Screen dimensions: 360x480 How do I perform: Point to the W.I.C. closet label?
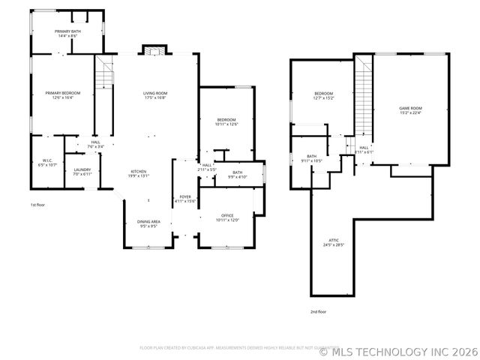[x=46, y=162]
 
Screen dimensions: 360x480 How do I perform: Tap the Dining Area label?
[x=148, y=223]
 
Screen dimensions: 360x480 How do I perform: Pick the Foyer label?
[x=184, y=199]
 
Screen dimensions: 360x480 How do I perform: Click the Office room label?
[x=227, y=217]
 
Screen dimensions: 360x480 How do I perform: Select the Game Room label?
[x=410, y=110]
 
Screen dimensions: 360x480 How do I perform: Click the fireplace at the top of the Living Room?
[x=153, y=50]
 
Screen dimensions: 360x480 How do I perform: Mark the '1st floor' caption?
[x=37, y=204]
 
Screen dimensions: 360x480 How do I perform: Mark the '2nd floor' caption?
[x=319, y=311]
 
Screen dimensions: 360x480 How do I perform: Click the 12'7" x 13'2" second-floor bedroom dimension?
[x=324, y=97]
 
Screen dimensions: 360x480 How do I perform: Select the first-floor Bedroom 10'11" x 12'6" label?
[x=226, y=122]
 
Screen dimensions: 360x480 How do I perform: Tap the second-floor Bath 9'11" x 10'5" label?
[x=312, y=159]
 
